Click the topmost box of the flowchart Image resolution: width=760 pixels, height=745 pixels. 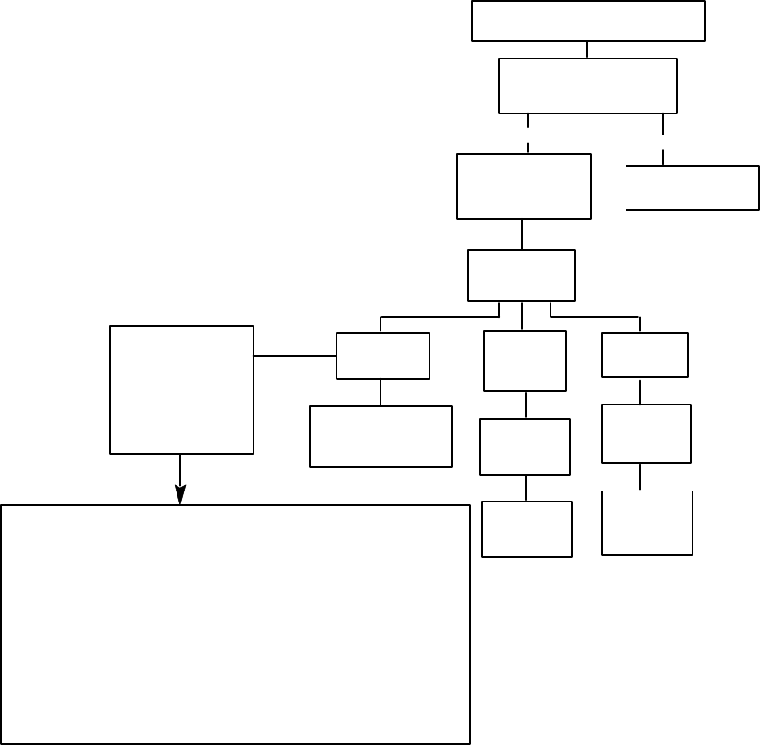[588, 21]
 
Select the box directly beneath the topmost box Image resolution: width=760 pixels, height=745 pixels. [588, 86]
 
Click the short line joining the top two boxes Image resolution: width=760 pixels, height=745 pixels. [588, 50]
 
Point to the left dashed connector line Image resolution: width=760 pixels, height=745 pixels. [528, 133]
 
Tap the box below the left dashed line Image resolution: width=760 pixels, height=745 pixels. [524, 186]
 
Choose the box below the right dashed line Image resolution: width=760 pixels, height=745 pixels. [692, 188]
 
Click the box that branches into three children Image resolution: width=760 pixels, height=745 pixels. [521, 275]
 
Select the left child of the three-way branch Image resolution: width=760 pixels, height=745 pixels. [382, 356]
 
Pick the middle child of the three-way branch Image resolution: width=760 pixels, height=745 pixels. [525, 362]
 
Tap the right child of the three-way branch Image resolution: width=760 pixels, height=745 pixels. [644, 355]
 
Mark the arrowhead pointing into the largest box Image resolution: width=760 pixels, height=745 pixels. [180, 495]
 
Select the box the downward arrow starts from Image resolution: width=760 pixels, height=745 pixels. [181, 389]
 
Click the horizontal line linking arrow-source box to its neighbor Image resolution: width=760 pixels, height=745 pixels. [294, 356]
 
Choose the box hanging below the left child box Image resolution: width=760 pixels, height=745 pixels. [380, 437]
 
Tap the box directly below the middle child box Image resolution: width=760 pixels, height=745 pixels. [525, 447]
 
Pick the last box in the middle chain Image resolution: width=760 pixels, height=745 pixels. [526, 529]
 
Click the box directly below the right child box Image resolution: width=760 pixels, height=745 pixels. [647, 433]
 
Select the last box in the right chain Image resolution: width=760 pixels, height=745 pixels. [647, 523]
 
